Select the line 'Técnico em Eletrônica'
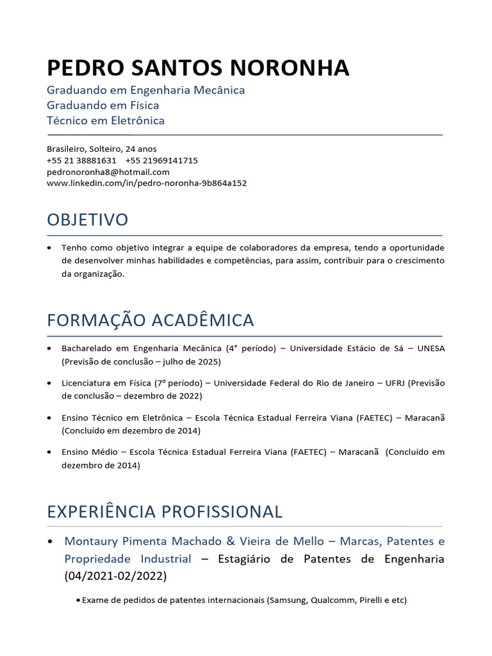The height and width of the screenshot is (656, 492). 106,120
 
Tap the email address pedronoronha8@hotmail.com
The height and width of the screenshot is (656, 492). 108,172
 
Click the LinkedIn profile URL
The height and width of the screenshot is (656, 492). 147,183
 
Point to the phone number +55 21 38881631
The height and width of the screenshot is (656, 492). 81,160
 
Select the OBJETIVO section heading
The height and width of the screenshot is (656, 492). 87,220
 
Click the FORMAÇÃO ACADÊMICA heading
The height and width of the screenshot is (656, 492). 151,320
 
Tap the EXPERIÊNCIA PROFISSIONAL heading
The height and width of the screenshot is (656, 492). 165,511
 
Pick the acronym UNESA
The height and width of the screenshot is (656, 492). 430,348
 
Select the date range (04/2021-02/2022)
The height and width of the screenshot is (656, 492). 115,576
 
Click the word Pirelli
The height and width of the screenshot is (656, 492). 370,600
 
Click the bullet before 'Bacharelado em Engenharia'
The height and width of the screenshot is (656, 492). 50,348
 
